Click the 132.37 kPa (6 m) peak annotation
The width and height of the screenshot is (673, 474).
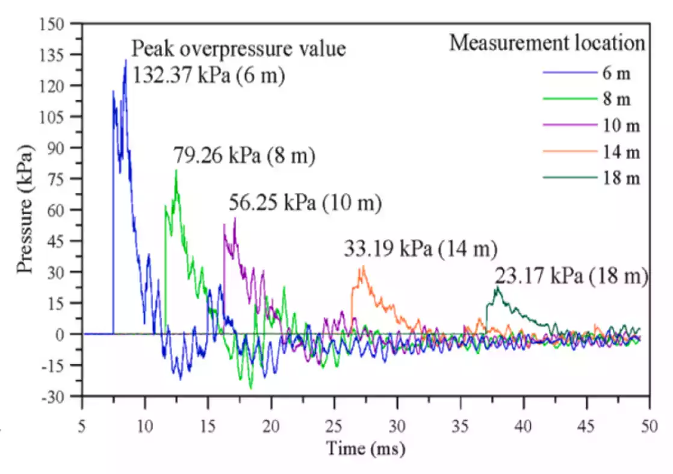(208, 76)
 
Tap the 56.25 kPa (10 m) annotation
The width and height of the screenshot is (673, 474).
(305, 203)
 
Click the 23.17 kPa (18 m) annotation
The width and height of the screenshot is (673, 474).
(571, 276)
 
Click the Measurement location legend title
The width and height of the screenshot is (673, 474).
(547, 43)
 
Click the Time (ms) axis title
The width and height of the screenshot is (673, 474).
(365, 449)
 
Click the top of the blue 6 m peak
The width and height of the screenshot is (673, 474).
(126, 60)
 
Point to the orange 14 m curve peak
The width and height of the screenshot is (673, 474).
(362, 267)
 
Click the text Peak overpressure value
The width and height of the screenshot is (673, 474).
(239, 48)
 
